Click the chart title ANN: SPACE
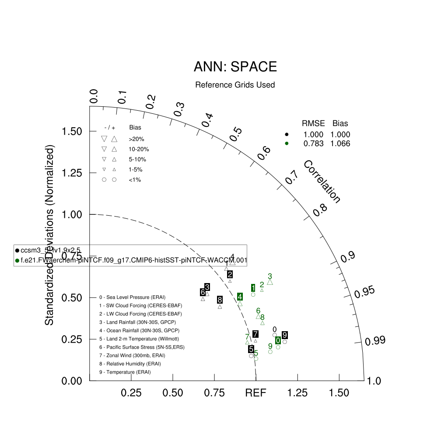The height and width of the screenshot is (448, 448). click(x=235, y=67)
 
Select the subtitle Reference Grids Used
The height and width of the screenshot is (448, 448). click(x=235, y=85)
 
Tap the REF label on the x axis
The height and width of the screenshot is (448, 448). click(x=256, y=393)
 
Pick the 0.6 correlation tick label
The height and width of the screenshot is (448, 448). click(x=264, y=153)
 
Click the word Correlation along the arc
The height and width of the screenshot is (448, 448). click(x=322, y=182)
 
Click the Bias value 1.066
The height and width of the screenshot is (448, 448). click(x=340, y=143)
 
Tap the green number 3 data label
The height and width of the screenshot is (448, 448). click(x=270, y=276)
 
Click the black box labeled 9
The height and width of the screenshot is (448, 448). click(x=285, y=335)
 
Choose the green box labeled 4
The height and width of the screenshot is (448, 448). click(x=240, y=297)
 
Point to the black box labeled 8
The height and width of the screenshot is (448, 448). click(x=220, y=300)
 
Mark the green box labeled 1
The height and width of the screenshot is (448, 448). click(x=253, y=287)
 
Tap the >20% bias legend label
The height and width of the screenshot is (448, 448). click(x=136, y=139)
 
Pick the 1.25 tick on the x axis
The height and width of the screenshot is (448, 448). click(x=297, y=393)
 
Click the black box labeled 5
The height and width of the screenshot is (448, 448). click(x=251, y=349)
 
